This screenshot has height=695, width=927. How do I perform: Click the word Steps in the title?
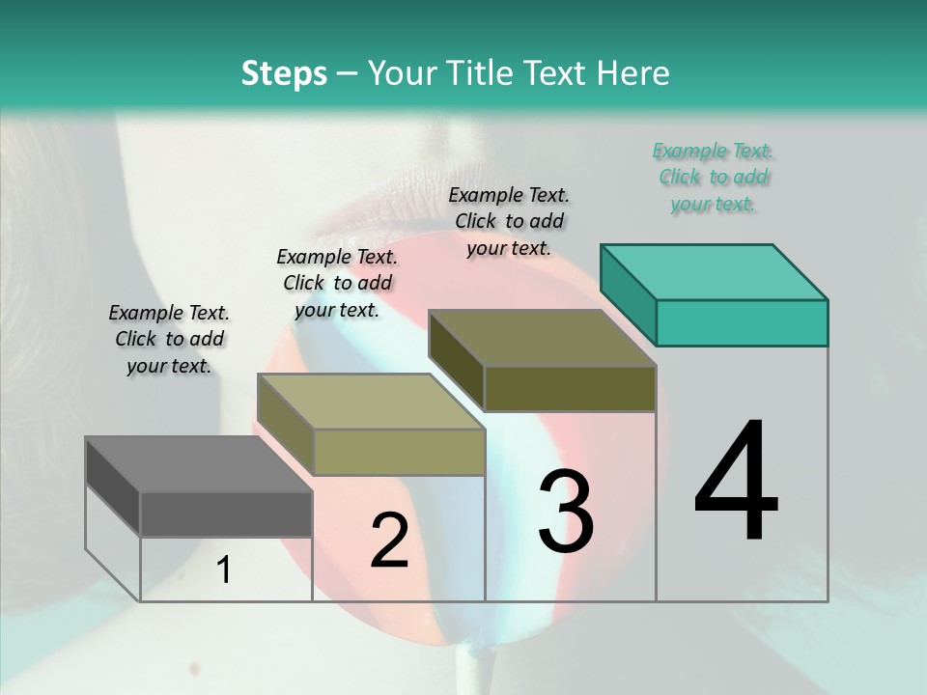click(x=284, y=73)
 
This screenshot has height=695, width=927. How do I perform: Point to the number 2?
click(x=389, y=541)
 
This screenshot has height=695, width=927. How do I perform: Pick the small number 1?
click(x=224, y=570)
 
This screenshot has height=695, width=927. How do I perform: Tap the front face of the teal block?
click(x=742, y=322)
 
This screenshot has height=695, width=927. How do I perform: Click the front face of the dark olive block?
click(x=570, y=388)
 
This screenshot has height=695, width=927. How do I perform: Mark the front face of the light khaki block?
click(x=399, y=452)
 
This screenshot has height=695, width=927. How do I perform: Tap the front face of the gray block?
click(x=226, y=514)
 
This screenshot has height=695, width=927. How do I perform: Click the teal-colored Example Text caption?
click(x=714, y=178)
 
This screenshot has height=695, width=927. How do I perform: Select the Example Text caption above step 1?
click(x=169, y=339)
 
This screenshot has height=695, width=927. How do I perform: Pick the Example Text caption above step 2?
click(x=337, y=283)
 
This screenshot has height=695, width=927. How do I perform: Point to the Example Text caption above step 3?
click(x=509, y=221)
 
